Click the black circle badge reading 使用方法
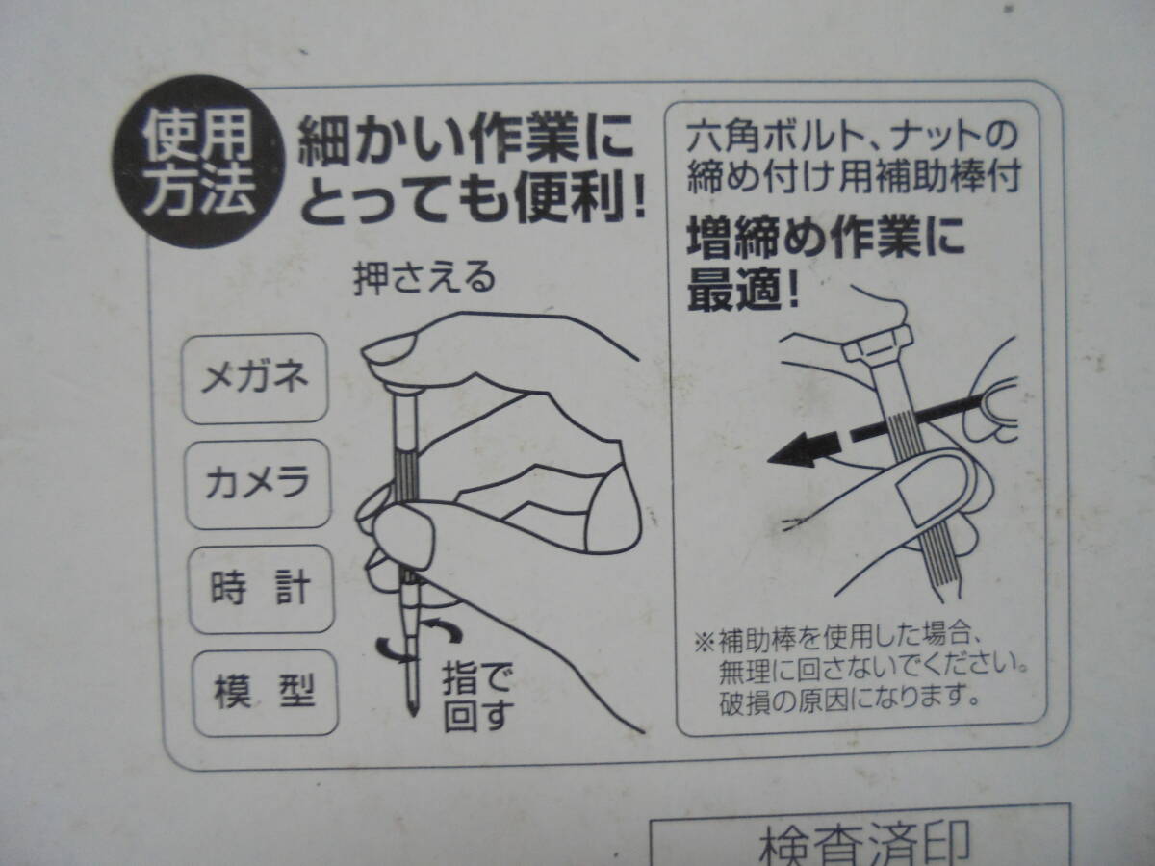[x=198, y=162]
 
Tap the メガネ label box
[x=255, y=378]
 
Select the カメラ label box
[x=257, y=484]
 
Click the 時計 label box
[x=262, y=589]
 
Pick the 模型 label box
[x=266, y=693]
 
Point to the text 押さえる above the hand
[x=424, y=278]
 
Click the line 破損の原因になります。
[x=849, y=699]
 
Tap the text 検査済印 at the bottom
[x=863, y=845]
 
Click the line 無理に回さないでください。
[x=874, y=670]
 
